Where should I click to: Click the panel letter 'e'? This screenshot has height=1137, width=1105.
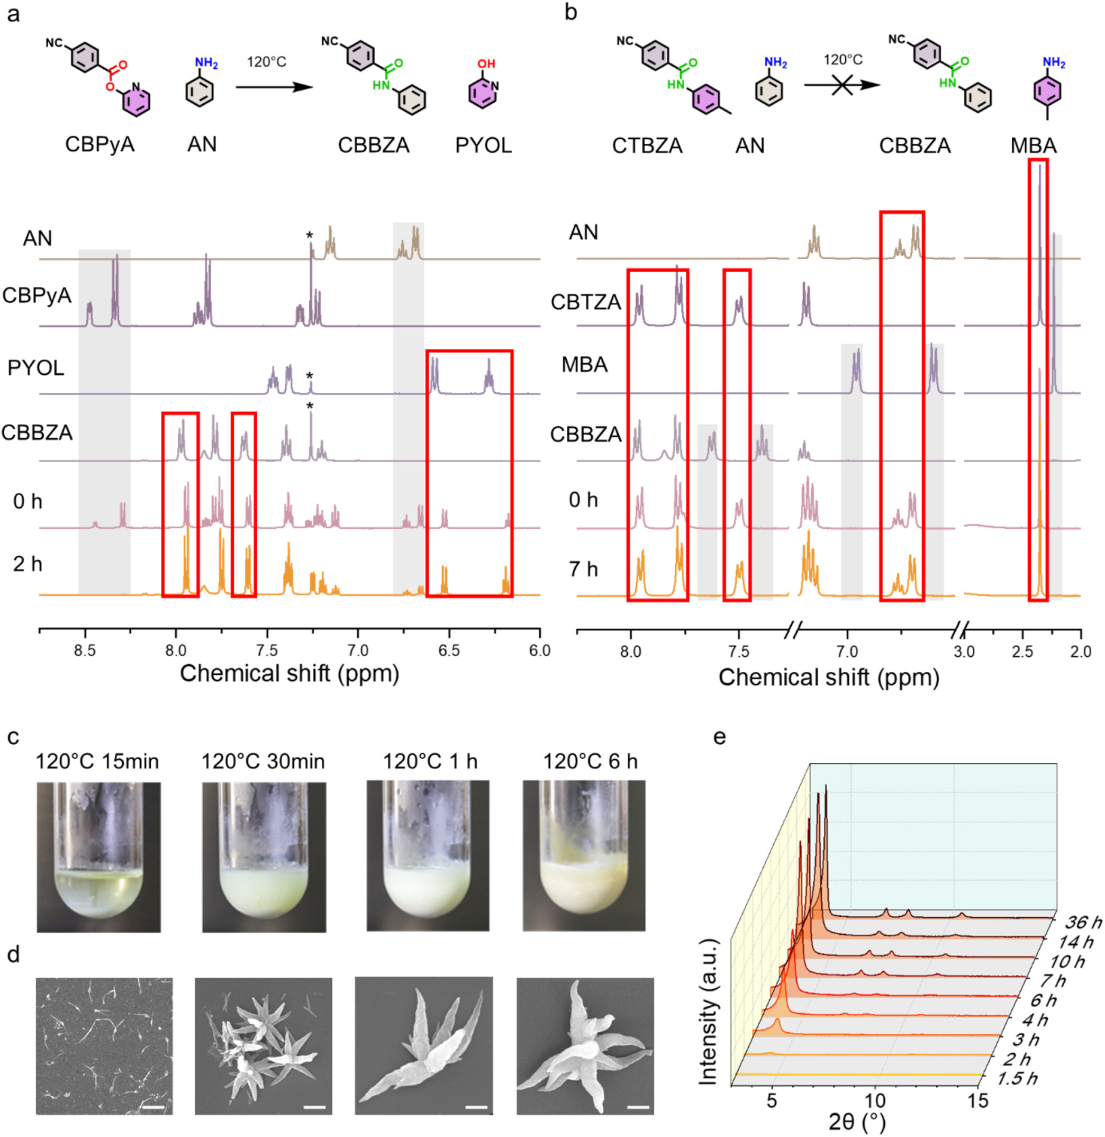[x=720, y=737]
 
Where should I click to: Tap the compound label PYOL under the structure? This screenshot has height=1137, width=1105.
[x=484, y=145]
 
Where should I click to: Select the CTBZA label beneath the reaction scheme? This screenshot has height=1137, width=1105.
[x=647, y=145]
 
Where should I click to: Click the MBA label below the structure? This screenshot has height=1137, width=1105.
[x=1034, y=145]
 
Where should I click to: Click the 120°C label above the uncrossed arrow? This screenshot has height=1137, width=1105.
[x=266, y=62]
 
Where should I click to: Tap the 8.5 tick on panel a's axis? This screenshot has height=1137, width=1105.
[x=85, y=651]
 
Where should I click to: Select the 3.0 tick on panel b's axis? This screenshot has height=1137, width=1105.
[x=964, y=651]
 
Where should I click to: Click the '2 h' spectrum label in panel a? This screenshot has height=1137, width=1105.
[x=28, y=564]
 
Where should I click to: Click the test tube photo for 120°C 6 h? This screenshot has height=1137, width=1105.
[x=584, y=855]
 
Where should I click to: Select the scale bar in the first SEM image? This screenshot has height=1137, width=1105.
[x=153, y=1108]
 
